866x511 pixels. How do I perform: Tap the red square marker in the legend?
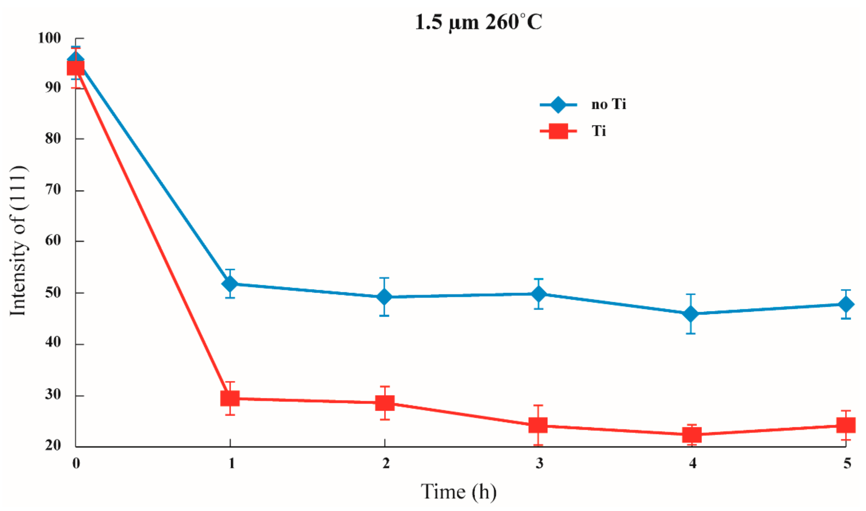click(x=558, y=131)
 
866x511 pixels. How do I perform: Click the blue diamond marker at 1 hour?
click(x=230, y=284)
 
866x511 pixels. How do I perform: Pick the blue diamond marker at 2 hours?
click(x=384, y=297)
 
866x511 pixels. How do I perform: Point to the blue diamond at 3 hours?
click(x=539, y=294)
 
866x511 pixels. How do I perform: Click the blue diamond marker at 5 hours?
click(x=846, y=304)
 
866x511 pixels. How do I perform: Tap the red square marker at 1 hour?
click(x=230, y=399)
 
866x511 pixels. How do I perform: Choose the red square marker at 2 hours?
click(x=385, y=403)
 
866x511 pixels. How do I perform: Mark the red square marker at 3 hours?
click(x=538, y=426)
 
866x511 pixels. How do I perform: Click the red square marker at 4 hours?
click(x=692, y=435)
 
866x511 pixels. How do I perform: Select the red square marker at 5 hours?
click(x=846, y=425)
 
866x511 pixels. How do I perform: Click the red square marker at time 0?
click(x=75, y=68)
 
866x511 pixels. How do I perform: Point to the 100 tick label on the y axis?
click(x=49, y=38)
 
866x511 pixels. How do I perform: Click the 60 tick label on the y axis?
click(x=53, y=241)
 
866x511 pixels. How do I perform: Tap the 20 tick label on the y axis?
click(x=53, y=445)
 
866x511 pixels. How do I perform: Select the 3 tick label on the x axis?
click(x=539, y=463)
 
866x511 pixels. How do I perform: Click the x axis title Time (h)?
click(x=458, y=492)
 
